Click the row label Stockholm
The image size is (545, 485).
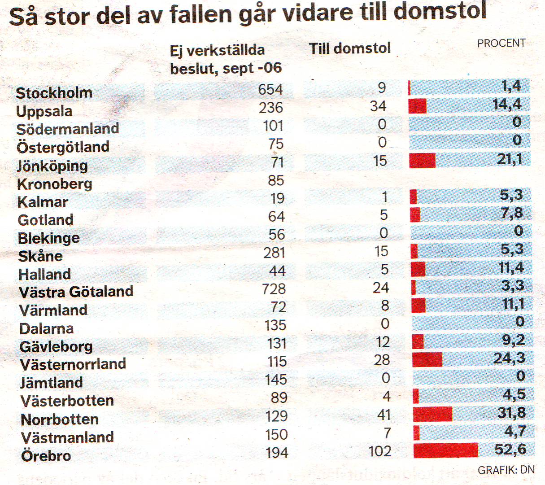pos(54,93)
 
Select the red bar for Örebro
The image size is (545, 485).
pos(445,450)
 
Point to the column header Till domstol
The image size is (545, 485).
pos(350,48)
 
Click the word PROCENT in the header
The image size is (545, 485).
pos(501,43)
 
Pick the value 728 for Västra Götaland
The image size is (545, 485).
pos(273,289)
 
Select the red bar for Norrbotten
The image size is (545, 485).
pos(432,414)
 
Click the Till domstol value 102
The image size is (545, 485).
pos(379,451)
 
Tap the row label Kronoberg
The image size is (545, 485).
pos(55,184)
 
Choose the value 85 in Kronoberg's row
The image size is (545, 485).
pos(275,180)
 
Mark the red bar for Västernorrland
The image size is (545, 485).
pos(427,359)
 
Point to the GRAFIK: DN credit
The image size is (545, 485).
pos(506,470)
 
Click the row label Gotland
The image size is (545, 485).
pos(45,220)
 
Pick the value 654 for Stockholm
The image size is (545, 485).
pos(270,89)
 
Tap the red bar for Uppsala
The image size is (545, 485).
pos(418,106)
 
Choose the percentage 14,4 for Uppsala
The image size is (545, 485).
pos(507,105)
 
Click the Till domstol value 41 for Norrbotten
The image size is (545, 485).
pos(384,415)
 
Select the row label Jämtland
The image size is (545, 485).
pos(52,383)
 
